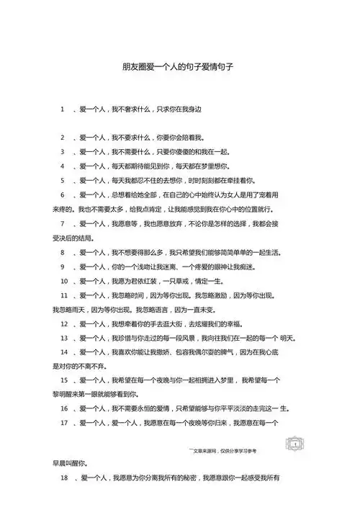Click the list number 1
tap(63, 110)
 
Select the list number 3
tap(63, 152)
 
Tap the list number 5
tap(63, 180)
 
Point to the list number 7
tap(63, 223)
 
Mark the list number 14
tap(64, 352)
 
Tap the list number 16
tap(64, 408)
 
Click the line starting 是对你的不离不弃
tap(82, 366)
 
